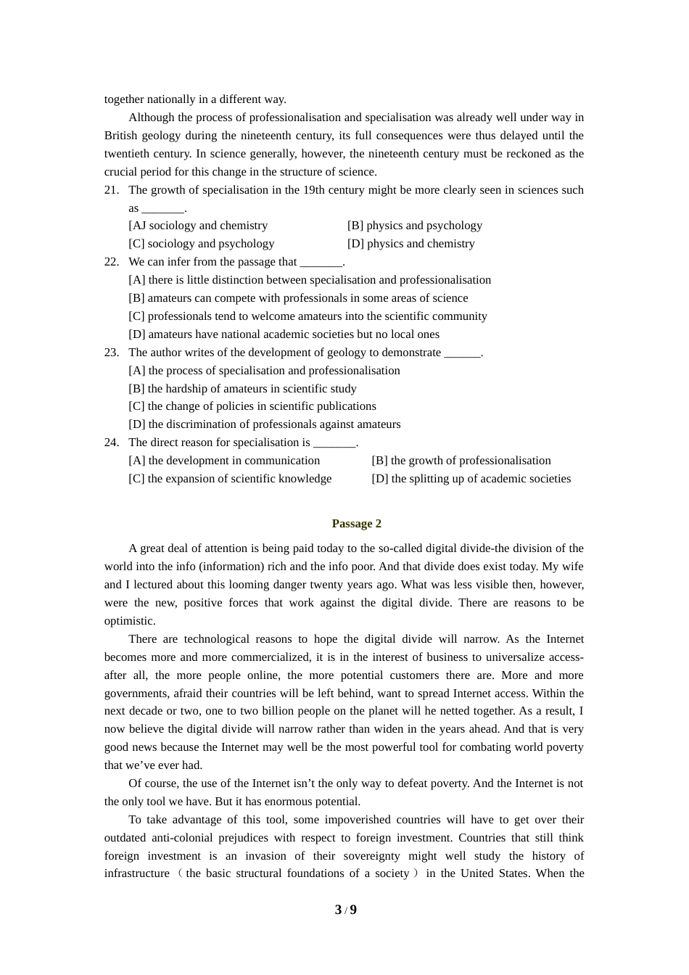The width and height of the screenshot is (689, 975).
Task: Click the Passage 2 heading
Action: point(356,524)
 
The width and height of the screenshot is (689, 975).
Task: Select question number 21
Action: point(112,190)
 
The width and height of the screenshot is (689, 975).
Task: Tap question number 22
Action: point(112,262)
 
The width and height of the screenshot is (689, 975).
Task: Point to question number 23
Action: point(112,353)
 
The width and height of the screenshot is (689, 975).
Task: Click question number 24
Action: point(112,443)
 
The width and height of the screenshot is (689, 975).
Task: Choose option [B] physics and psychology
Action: point(414,226)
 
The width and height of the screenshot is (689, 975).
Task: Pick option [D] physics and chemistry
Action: point(410,244)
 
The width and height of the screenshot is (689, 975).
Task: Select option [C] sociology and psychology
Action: point(202,244)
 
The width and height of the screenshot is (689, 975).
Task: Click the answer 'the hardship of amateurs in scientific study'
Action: point(242,389)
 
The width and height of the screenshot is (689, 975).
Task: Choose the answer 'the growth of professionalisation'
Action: point(461,461)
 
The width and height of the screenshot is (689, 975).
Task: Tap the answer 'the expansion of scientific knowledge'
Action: point(230,479)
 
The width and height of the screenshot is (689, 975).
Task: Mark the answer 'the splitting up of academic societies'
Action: point(471,479)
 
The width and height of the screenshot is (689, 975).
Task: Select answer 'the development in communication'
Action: point(224,461)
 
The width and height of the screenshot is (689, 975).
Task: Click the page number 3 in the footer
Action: point(338,910)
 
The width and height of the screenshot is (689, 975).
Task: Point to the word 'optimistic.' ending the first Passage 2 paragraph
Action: point(130,621)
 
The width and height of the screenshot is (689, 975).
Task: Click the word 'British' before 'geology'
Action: point(120,136)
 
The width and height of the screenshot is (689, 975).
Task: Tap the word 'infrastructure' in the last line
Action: point(137,873)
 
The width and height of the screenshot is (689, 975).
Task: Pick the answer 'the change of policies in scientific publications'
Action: point(252,406)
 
